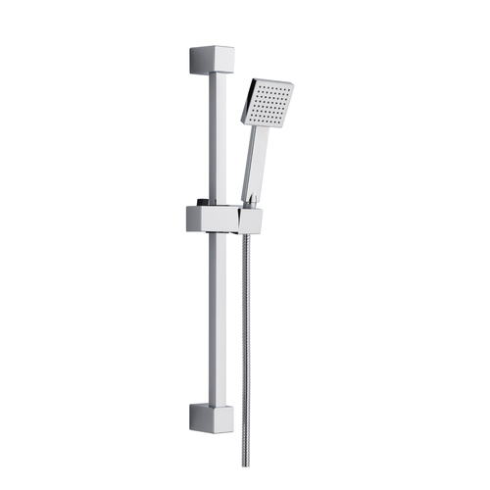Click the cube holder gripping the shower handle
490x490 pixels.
point(253,217)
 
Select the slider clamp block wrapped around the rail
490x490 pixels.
point(210,218)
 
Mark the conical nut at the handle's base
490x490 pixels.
point(252,200)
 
